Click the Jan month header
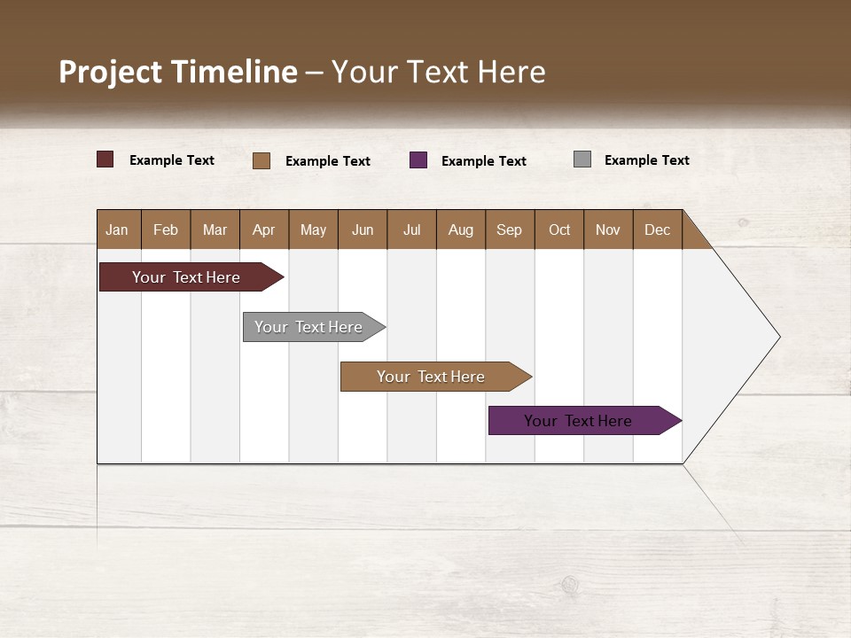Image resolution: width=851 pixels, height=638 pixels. [x=117, y=230]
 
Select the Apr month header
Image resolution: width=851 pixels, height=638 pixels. [x=263, y=230]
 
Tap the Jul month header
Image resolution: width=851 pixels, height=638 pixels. [x=411, y=230]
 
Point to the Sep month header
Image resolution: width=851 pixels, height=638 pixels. [x=509, y=230]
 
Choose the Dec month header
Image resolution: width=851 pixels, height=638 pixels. [x=657, y=230]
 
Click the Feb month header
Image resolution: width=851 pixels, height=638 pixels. [x=166, y=230]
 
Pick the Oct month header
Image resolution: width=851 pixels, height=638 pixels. [x=559, y=230]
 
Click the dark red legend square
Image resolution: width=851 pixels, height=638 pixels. [x=105, y=159]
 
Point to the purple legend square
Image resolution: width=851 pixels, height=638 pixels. [x=418, y=159]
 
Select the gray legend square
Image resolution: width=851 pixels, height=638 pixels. [x=582, y=159]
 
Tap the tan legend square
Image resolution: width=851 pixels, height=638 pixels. [x=262, y=160]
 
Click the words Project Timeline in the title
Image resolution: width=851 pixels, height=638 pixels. [x=178, y=72]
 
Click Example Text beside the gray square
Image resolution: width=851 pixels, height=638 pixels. [x=646, y=160]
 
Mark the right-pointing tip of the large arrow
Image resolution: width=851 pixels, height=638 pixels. [x=778, y=337]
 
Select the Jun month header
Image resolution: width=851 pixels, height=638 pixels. [x=363, y=230]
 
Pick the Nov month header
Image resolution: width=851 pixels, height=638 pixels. [x=608, y=230]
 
